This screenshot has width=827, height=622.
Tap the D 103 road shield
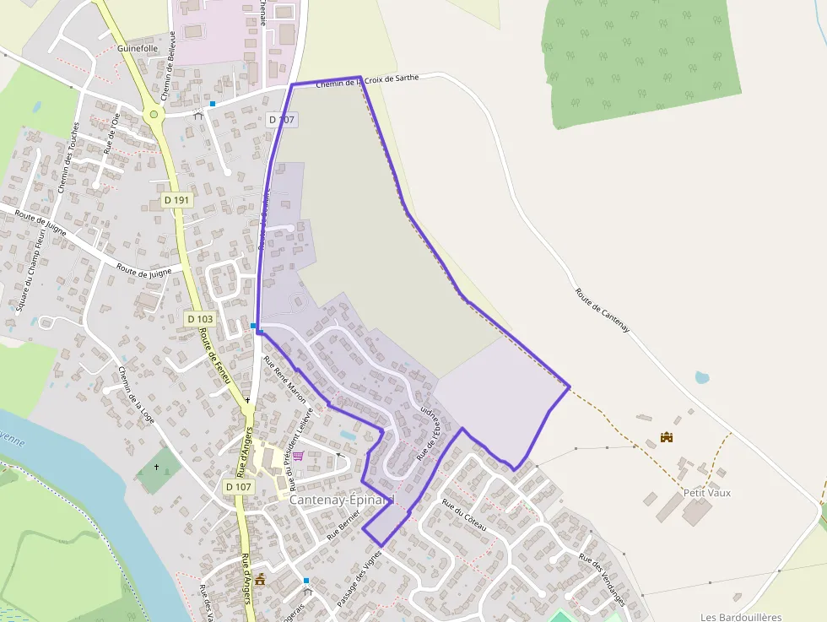coord(200,319)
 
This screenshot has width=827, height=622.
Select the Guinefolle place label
coord(138,49)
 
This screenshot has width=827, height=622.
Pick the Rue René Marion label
coord(285,379)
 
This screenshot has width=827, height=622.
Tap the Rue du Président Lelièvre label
coord(301,447)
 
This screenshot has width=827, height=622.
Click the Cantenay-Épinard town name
coord(342,500)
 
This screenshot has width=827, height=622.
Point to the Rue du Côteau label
coord(465,514)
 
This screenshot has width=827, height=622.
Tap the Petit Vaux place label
coord(706,493)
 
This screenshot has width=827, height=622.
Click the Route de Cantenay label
coord(603,311)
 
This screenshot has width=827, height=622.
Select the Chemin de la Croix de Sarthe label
coord(367,82)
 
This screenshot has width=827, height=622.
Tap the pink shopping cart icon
coord(298,456)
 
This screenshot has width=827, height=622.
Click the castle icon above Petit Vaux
coord(667,437)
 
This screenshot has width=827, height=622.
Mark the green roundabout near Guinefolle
coord(154,114)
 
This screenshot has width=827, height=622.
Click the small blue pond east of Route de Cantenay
coord(701,377)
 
